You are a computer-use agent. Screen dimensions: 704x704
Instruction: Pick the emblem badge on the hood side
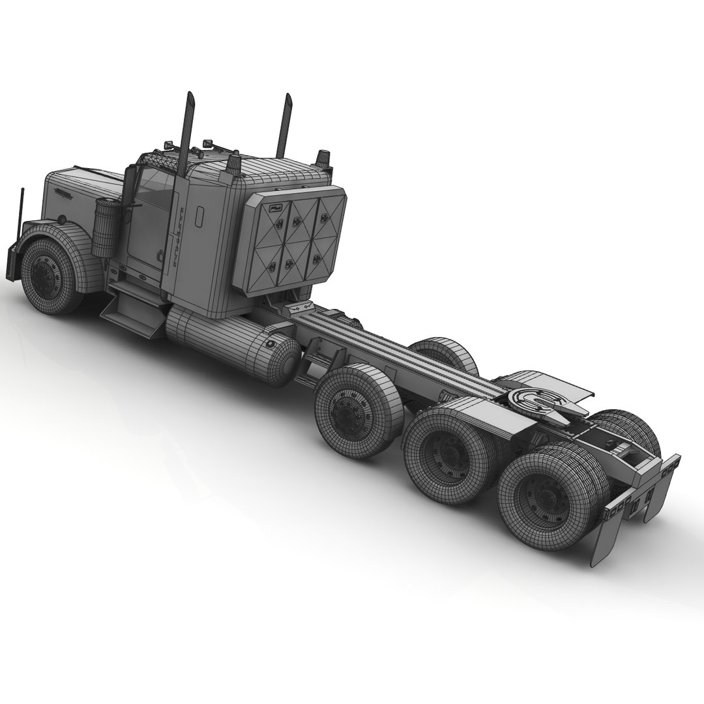pos(65,194)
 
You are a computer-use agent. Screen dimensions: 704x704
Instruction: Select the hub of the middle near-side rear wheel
pos(446,450)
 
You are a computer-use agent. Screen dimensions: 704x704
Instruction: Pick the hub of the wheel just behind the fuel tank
pos(345,411)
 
